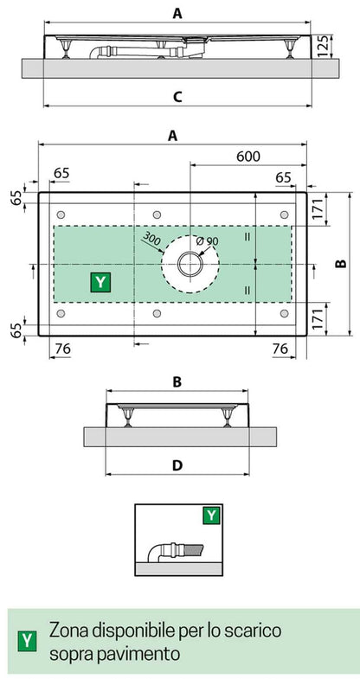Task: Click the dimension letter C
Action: coord(176,97)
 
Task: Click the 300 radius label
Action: coord(151,239)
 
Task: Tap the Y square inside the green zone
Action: coord(101,281)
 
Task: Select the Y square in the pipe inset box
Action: coord(210,516)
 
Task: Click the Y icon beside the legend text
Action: coord(28,641)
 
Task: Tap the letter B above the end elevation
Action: coord(176,381)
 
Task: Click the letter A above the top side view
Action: coord(176,12)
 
